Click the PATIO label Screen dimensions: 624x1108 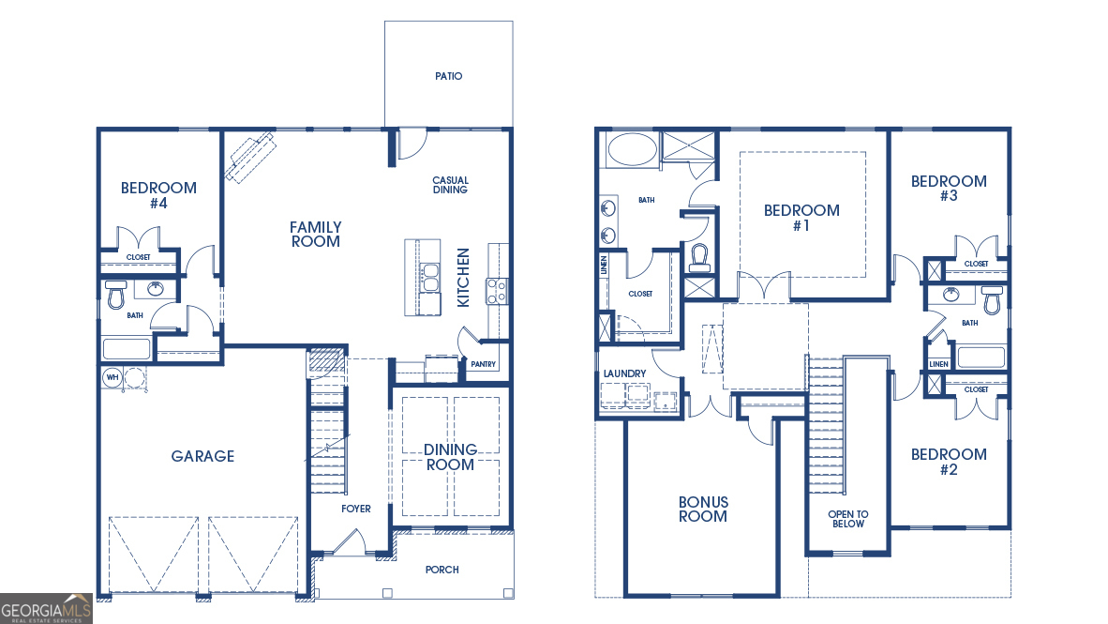pos(448,76)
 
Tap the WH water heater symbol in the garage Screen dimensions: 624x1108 pos(112,377)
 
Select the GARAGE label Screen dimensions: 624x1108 pos(202,456)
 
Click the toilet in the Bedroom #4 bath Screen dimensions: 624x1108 pos(116,295)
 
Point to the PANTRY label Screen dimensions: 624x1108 pos(484,364)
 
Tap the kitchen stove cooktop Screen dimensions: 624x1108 pos(496,291)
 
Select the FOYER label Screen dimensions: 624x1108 pos(355,509)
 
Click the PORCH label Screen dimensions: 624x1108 pos(442,570)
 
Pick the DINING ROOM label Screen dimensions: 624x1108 pos(450,457)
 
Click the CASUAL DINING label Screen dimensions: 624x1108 pos(450,185)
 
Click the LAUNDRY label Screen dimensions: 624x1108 pos(625,373)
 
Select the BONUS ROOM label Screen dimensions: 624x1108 pos(703,510)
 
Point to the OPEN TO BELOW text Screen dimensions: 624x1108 pos(847,519)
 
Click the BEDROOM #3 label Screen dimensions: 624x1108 pos(949,188)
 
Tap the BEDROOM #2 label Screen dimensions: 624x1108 pos(949,461)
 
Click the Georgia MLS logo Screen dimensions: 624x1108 pos(47,608)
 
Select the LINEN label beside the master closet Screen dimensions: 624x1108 pos(604,266)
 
